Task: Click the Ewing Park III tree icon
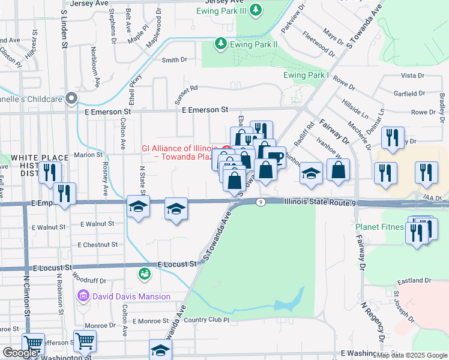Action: [x=256, y=10]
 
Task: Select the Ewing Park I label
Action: [x=307, y=75]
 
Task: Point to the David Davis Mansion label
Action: [x=131, y=296]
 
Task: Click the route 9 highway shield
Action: [x=260, y=202]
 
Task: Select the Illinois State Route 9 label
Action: [x=320, y=203]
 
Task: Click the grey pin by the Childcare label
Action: [x=72, y=98]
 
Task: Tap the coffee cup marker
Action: [x=275, y=158]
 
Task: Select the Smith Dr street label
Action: [x=174, y=60]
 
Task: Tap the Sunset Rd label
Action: [x=186, y=88]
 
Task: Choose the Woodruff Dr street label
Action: [x=88, y=280]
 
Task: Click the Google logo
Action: [x=20, y=353]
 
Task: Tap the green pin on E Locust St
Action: [x=144, y=274]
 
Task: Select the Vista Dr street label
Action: [x=412, y=76]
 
